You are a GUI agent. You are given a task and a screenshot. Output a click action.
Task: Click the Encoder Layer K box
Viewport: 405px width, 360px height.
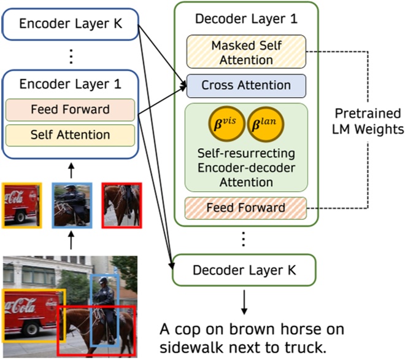click(x=71, y=25)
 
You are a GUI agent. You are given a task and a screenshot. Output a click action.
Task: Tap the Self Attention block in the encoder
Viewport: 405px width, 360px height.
click(x=71, y=135)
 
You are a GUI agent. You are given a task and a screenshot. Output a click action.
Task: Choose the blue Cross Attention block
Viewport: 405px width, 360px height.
click(x=246, y=85)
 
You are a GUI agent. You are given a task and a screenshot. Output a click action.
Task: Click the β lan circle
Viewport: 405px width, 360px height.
click(x=265, y=125)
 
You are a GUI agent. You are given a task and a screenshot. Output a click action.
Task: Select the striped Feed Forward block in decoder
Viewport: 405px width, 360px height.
click(x=245, y=208)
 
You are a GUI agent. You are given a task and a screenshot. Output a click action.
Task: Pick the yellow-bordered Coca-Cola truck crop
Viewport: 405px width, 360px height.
click(x=21, y=204)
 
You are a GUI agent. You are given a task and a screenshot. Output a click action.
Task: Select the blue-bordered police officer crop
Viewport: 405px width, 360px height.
click(x=71, y=205)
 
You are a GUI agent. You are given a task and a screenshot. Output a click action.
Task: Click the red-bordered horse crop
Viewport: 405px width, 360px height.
click(x=121, y=205)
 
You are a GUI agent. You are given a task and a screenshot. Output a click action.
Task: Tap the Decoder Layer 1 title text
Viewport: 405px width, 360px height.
click(x=245, y=18)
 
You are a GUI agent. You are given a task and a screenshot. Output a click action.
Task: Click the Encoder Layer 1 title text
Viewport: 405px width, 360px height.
click(x=71, y=84)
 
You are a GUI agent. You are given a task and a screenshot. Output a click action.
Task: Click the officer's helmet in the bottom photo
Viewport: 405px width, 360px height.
click(x=103, y=281)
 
